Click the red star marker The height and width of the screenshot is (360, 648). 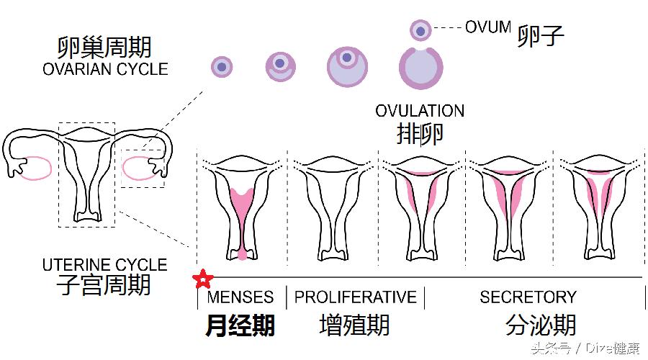point(203,277)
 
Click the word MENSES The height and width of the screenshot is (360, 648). point(240,297)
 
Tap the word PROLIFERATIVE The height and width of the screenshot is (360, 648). point(356,297)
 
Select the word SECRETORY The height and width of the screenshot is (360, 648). point(528,297)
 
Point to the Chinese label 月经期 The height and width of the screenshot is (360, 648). point(240,325)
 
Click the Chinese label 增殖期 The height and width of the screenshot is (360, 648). point(354,325)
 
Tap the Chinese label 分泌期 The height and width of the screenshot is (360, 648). point(541,325)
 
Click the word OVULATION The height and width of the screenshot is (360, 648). point(420,112)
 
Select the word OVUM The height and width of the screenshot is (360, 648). point(487,27)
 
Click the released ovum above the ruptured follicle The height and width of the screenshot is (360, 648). point(420,30)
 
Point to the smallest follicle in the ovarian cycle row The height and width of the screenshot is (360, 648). point(222,67)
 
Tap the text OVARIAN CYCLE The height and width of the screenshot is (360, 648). point(105,70)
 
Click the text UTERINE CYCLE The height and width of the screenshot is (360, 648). point(105,265)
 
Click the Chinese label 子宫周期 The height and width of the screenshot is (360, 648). point(105,284)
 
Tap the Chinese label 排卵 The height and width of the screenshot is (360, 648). point(420,133)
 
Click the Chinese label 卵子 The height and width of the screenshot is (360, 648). point(540,36)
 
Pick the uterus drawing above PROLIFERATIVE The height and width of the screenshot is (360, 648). point(333,205)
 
